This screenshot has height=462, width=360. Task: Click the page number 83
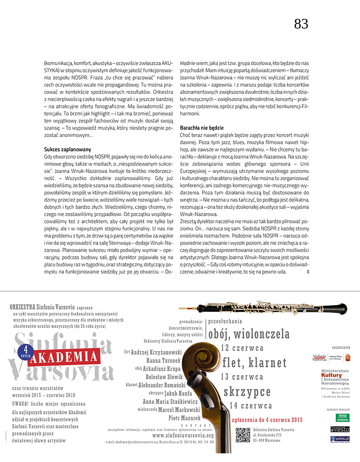tap(301, 24)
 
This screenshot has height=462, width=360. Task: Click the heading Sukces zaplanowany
tap(68, 148)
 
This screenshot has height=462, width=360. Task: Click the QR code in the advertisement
tap(243, 435)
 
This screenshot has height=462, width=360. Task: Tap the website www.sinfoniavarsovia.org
tap(183, 435)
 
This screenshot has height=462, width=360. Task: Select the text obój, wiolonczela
tap(249, 334)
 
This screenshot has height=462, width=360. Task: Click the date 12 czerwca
tap(242, 348)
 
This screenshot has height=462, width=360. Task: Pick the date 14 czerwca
tap(250, 405)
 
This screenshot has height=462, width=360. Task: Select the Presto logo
tap(340, 429)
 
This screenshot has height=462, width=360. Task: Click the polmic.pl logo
tap(340, 439)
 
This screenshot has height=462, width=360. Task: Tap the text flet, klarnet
tap(255, 362)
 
